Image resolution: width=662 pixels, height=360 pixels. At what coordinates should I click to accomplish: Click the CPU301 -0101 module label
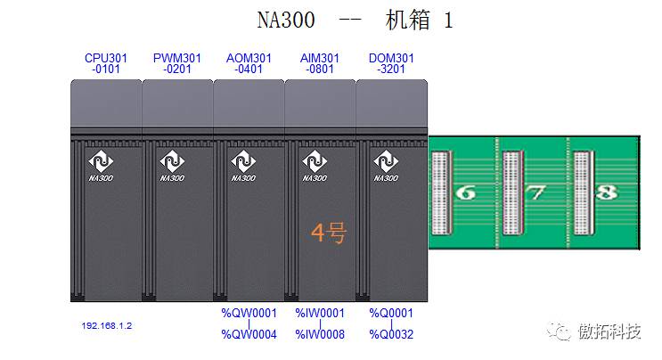[106, 63]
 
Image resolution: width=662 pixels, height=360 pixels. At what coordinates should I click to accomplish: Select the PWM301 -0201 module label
[177, 63]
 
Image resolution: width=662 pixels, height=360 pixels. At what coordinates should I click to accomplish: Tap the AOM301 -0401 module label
[249, 63]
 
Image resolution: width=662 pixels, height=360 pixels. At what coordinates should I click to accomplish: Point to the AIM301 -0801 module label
[320, 63]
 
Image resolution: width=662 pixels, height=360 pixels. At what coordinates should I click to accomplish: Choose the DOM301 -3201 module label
[391, 63]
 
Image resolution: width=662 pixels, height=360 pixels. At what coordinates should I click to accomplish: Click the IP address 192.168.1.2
[106, 326]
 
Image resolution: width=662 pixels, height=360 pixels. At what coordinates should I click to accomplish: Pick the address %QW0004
[249, 335]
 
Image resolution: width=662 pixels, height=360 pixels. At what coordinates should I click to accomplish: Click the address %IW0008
[320, 335]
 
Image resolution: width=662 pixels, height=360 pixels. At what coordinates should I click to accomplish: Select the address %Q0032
[391, 335]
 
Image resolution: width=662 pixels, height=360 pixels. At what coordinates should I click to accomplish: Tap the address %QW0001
[249, 313]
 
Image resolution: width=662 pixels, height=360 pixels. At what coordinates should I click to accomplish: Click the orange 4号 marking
[328, 233]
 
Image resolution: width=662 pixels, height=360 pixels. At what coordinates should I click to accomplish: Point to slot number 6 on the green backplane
[465, 192]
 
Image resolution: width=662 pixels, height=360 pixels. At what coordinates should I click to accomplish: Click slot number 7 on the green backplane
[535, 192]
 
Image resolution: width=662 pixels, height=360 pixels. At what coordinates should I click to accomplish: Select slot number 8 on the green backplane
[606, 192]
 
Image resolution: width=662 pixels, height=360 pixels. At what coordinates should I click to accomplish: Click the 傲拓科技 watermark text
[609, 331]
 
